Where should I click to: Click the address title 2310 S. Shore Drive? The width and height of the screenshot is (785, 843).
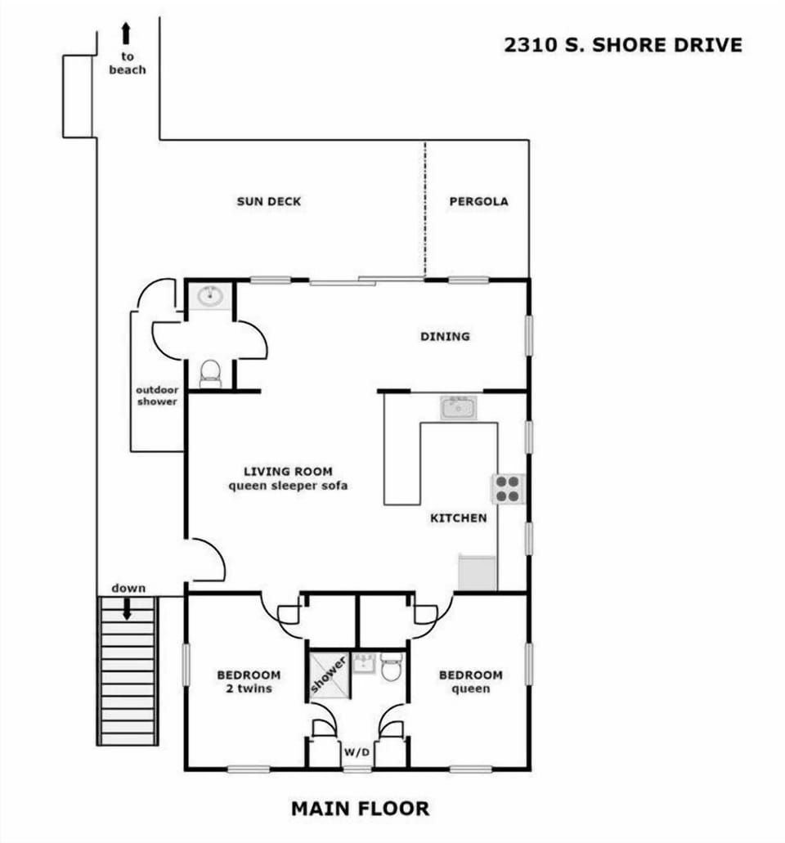(x=623, y=45)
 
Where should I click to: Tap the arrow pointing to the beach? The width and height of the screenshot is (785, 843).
(x=127, y=34)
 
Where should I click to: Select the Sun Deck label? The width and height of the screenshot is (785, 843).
(x=269, y=201)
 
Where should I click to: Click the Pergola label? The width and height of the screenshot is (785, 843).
(x=478, y=201)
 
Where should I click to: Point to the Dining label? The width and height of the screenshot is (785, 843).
(x=445, y=336)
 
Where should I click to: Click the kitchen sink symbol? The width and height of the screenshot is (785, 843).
(x=458, y=406)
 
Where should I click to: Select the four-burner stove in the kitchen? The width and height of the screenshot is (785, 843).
(x=507, y=488)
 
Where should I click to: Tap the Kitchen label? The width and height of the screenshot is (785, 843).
(x=458, y=518)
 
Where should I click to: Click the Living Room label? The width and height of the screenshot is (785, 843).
(x=288, y=478)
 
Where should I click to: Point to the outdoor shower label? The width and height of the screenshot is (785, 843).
(x=156, y=396)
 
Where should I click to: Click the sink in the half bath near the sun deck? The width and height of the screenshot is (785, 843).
(x=210, y=296)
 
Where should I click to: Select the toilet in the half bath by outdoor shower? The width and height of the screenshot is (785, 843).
(x=210, y=373)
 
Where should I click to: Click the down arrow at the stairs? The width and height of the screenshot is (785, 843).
(x=128, y=608)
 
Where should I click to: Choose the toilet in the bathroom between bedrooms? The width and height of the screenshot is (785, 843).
(x=391, y=670)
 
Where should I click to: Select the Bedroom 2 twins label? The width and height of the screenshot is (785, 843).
(x=248, y=682)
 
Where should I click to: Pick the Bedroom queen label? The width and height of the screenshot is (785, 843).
(x=470, y=682)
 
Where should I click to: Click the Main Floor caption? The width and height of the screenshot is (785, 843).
(x=360, y=809)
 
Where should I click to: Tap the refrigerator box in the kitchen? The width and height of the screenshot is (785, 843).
(x=477, y=572)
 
